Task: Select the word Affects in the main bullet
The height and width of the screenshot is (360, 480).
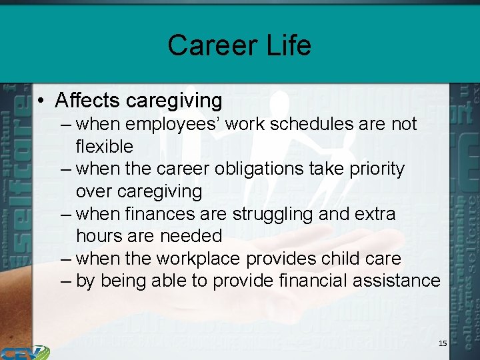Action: (x=87, y=101)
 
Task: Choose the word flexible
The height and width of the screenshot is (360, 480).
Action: (x=105, y=147)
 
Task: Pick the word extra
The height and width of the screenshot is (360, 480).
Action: (x=375, y=215)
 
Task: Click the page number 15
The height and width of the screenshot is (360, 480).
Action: (x=443, y=343)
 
